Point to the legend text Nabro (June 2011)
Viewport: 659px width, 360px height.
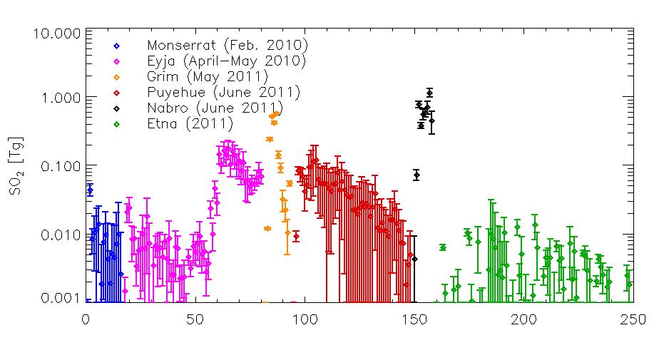213,108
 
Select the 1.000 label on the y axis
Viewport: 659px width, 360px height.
63,98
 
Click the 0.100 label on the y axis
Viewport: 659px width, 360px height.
63,166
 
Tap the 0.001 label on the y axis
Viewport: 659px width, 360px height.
63,298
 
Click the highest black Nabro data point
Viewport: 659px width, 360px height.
429,93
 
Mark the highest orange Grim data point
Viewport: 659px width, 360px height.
275,114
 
